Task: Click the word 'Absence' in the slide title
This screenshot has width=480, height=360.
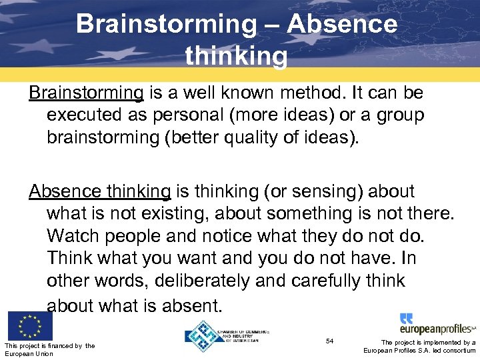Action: (342, 25)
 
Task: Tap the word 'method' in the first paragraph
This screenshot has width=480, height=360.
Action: (319, 93)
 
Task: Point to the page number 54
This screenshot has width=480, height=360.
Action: (329, 341)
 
